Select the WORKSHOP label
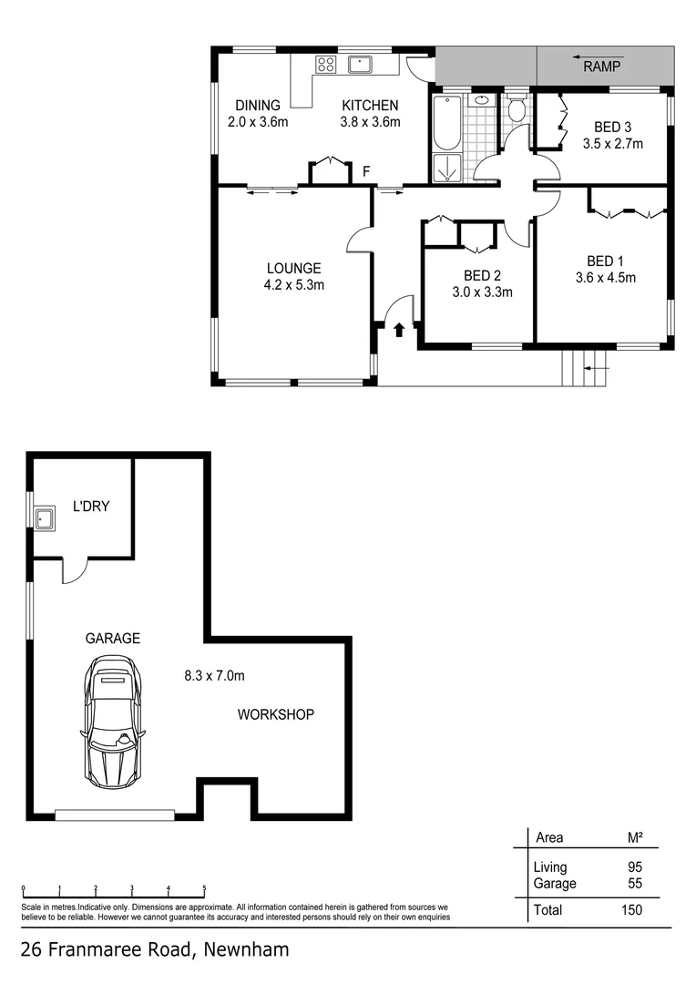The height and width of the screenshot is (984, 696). click(x=275, y=714)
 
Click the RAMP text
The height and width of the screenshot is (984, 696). click(x=601, y=67)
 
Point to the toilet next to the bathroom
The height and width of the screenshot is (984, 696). click(x=517, y=111)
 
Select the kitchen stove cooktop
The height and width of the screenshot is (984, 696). click(x=324, y=64)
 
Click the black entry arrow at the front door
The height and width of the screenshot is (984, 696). click(x=398, y=329)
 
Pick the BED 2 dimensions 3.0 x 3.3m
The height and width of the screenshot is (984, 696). click(x=482, y=292)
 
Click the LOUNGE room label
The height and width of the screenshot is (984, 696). click(x=293, y=268)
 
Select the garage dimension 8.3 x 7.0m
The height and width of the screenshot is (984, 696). click(x=214, y=675)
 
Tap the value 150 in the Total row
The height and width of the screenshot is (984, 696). click(x=630, y=909)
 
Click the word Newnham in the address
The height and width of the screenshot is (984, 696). click(x=247, y=950)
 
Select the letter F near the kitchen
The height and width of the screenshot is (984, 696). click(x=366, y=171)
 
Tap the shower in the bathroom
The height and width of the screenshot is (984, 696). click(x=446, y=168)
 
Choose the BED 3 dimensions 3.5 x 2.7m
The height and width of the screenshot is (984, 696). click(x=612, y=143)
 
